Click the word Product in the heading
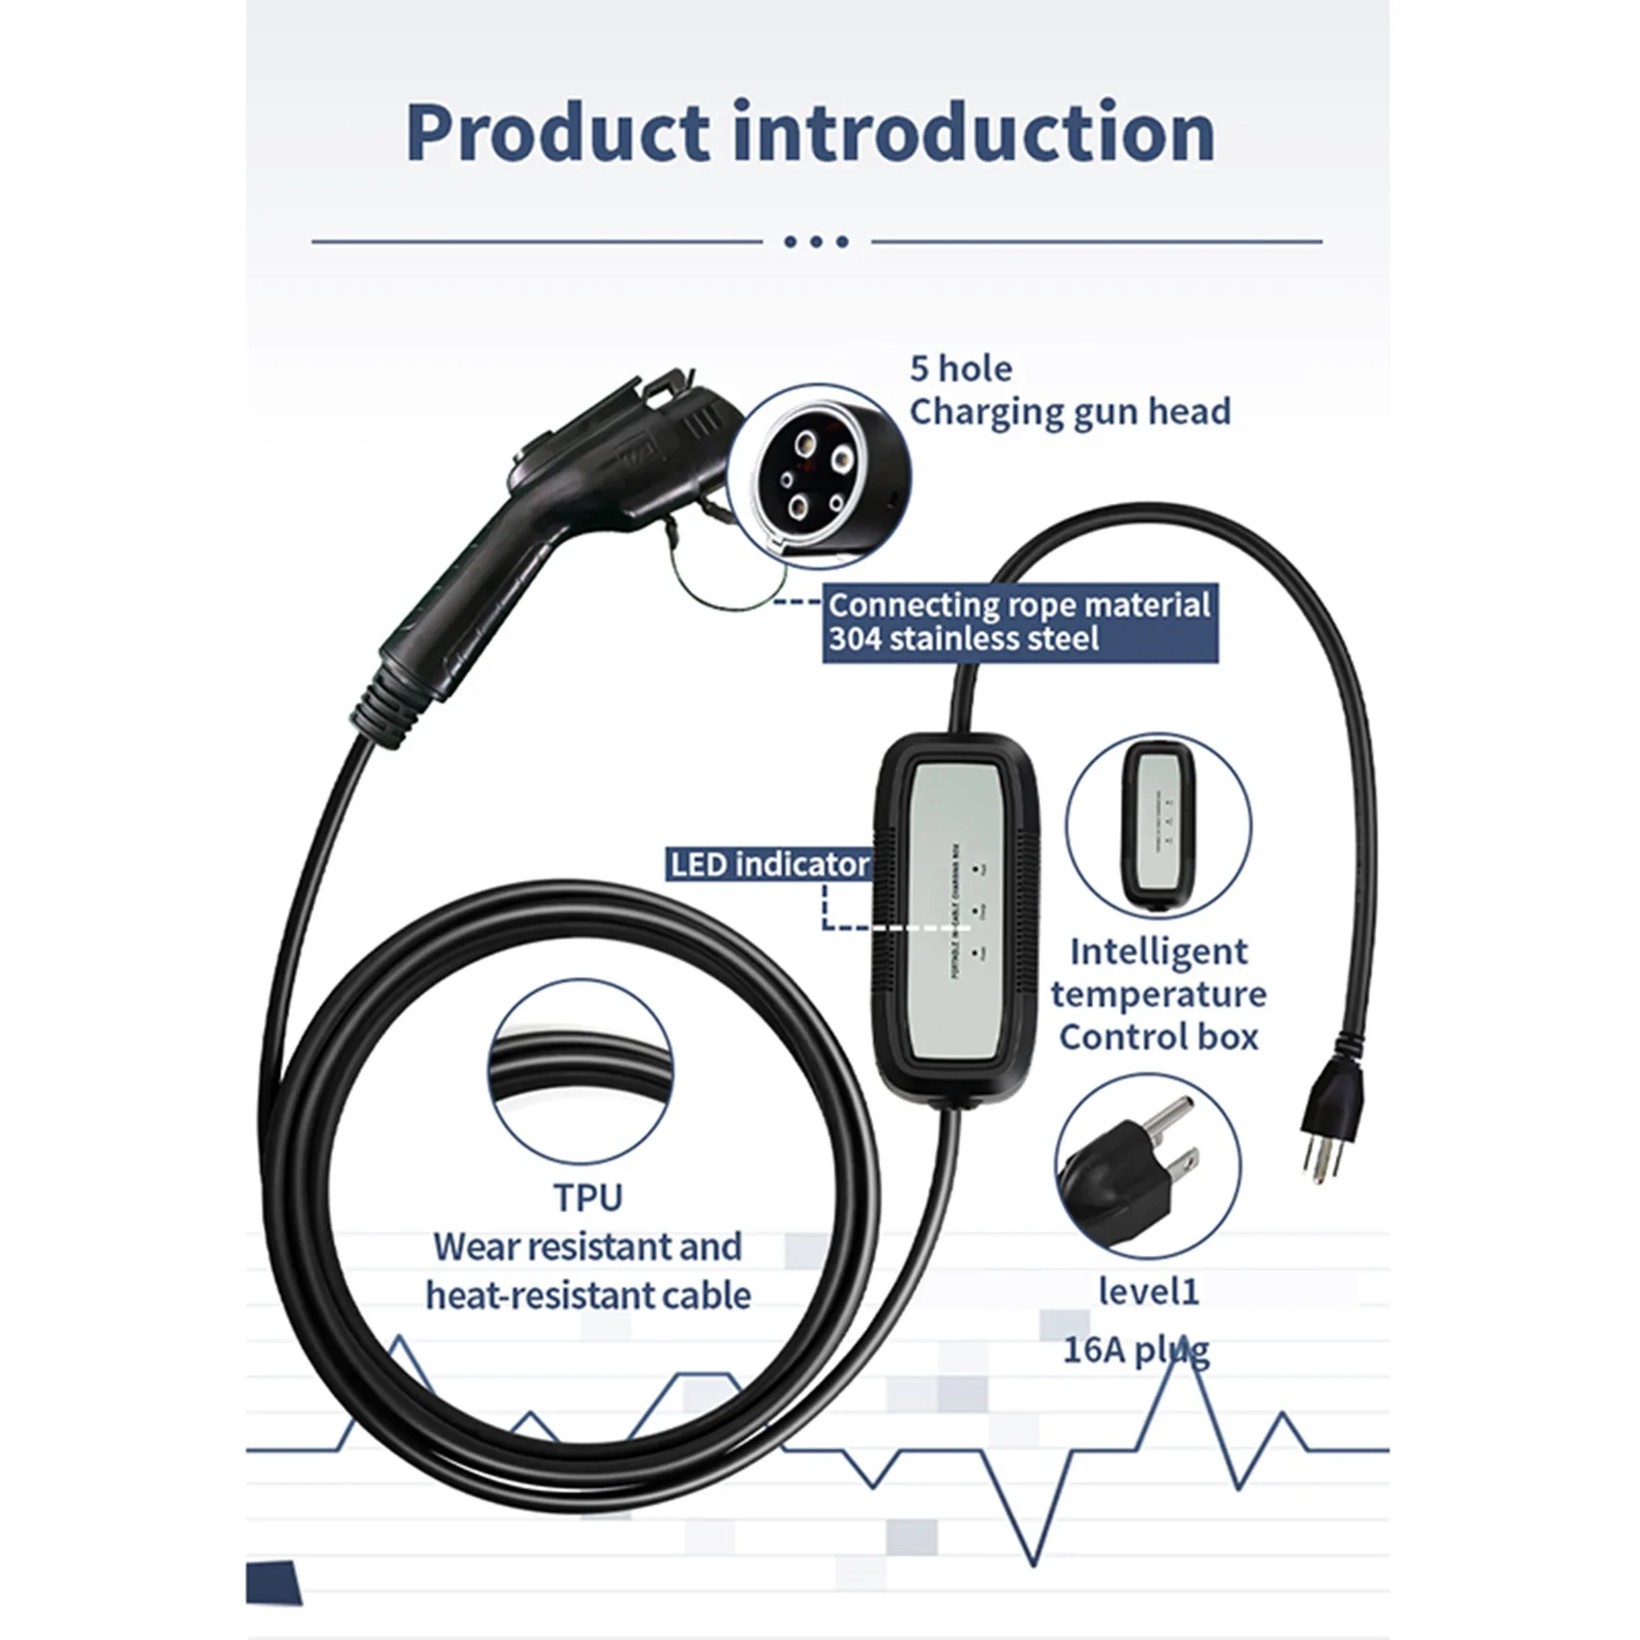tap(560, 132)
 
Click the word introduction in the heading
tap(973, 132)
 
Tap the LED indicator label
tap(769, 864)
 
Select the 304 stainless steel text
tap(964, 639)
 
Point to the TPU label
tap(588, 1197)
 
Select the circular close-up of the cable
tap(580, 1072)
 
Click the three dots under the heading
tap(816, 242)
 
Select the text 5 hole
tap(961, 369)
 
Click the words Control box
tap(1159, 1037)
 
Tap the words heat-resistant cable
tap(588, 1296)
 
